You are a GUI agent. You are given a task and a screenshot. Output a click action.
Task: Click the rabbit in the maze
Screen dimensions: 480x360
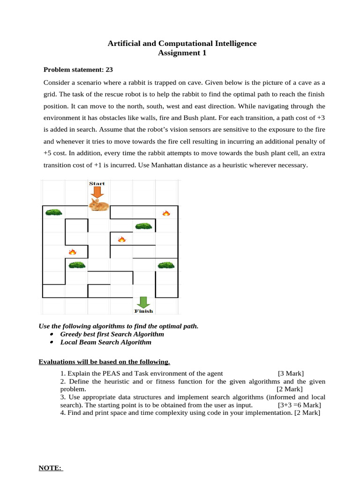click(x=99, y=205)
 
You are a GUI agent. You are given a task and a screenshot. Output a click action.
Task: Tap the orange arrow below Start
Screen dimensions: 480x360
click(x=97, y=192)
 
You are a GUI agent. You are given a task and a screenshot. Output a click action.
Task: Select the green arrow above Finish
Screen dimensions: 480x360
click(x=143, y=301)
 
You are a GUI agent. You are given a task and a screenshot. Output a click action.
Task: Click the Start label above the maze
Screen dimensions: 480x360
click(x=97, y=183)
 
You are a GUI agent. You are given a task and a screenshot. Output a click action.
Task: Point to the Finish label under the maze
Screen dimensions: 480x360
click(x=143, y=311)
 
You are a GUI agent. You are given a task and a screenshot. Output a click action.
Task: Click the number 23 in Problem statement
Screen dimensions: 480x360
click(x=109, y=69)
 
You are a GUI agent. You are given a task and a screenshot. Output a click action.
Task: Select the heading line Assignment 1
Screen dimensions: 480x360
click(x=182, y=53)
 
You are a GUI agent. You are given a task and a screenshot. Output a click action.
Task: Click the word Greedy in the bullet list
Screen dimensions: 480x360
click(x=71, y=334)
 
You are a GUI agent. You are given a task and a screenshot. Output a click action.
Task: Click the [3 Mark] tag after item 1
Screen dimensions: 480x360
click(x=291, y=373)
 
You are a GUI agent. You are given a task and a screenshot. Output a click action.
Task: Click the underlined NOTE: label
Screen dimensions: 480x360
click(x=50, y=468)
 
